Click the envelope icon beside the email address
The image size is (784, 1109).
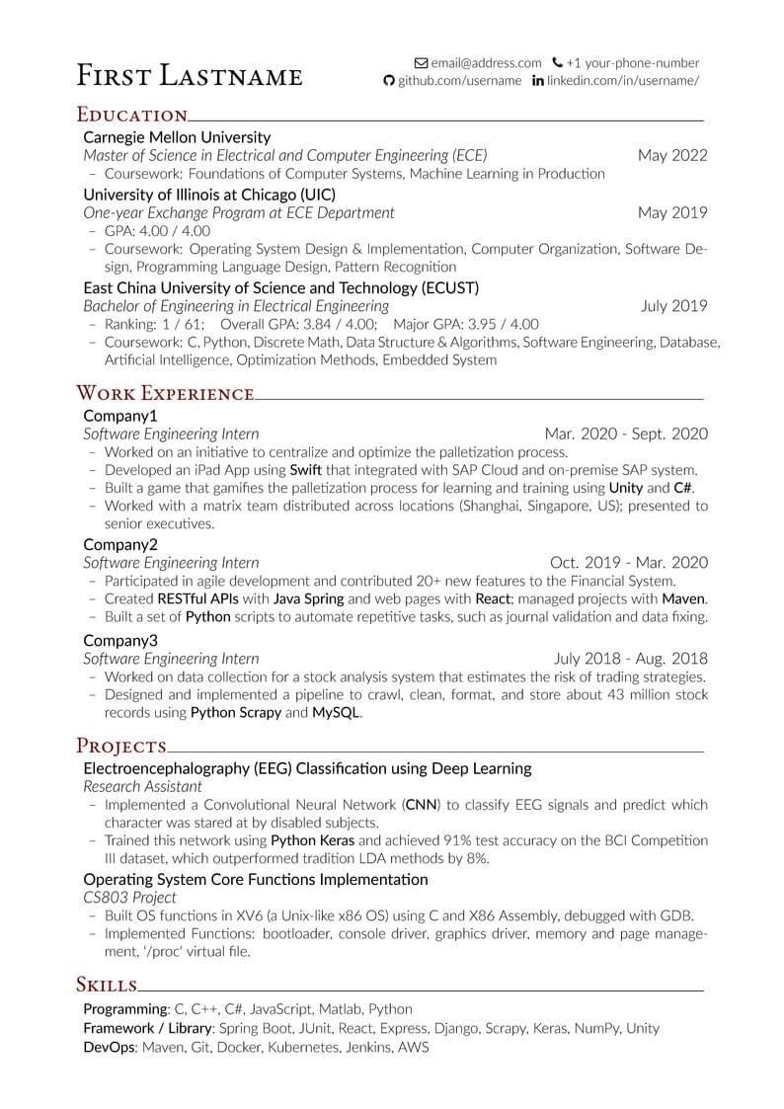point(422,62)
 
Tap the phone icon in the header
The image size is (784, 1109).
point(558,62)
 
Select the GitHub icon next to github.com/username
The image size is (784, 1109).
point(389,81)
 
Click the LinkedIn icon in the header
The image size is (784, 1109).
point(538,81)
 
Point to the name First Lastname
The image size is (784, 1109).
point(190,75)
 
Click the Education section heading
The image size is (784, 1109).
point(132,115)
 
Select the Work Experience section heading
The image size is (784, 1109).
point(165,394)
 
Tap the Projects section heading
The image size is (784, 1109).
point(121,745)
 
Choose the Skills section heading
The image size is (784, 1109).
point(107,984)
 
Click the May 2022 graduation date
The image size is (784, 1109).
point(672,155)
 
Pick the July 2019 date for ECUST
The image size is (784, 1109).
point(673,306)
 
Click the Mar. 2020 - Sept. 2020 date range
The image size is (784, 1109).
point(626,434)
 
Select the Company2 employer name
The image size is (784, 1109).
point(120,544)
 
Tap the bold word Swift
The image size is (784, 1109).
point(306,470)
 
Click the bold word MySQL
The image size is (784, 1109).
point(336,712)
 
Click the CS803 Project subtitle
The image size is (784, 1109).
point(129,898)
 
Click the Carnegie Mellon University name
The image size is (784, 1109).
point(177,137)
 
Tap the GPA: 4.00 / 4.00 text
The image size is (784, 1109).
point(157,231)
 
